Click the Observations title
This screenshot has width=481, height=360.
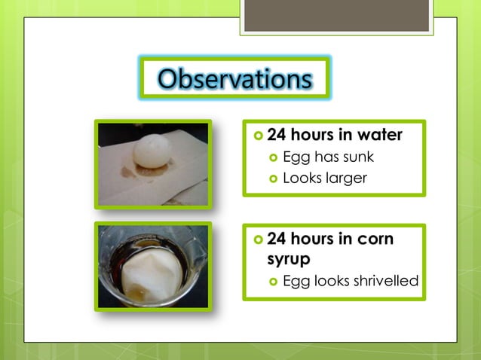tap(235, 78)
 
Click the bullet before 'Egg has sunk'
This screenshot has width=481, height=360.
tap(274, 158)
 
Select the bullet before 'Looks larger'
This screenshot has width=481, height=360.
tap(274, 179)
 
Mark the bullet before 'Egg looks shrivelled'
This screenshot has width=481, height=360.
tap(274, 282)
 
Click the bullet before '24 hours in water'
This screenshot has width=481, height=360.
tap(258, 136)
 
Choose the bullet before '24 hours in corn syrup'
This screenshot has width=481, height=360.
tap(258, 239)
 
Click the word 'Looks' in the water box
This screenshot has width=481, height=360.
tap(301, 178)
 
